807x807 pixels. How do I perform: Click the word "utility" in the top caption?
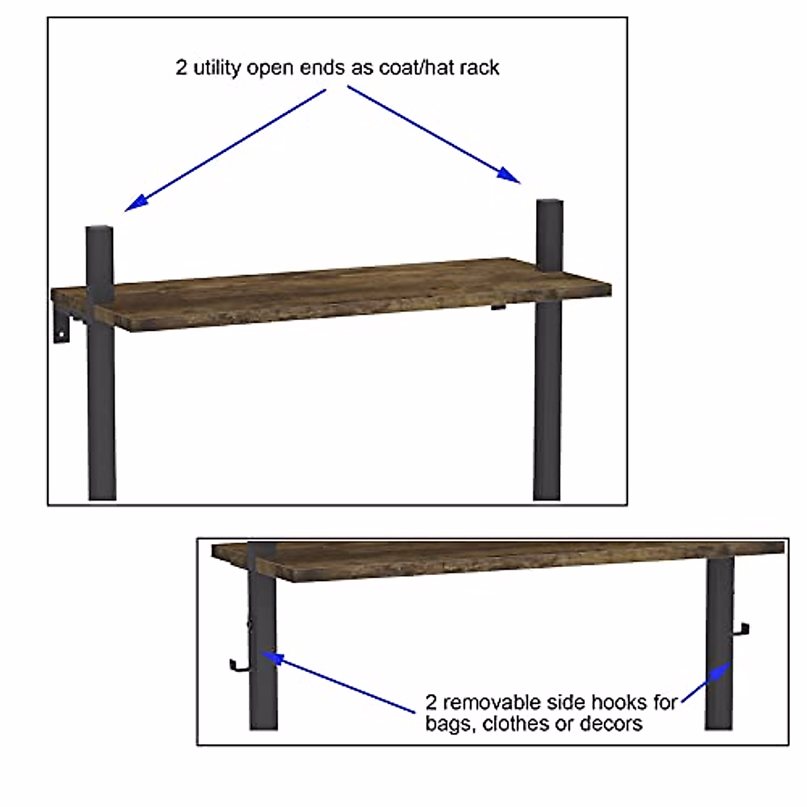pyautogui.click(x=217, y=68)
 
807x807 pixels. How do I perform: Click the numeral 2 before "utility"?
pyautogui.click(x=182, y=68)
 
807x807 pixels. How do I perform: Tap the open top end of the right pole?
pyautogui.click(x=549, y=202)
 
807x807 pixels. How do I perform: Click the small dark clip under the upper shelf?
pyautogui.click(x=497, y=308)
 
